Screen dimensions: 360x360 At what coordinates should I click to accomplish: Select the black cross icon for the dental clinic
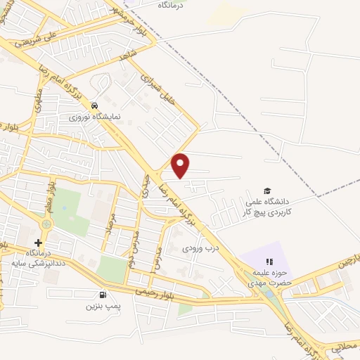coord(38,243)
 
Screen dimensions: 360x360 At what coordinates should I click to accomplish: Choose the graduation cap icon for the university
coord(266,191)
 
